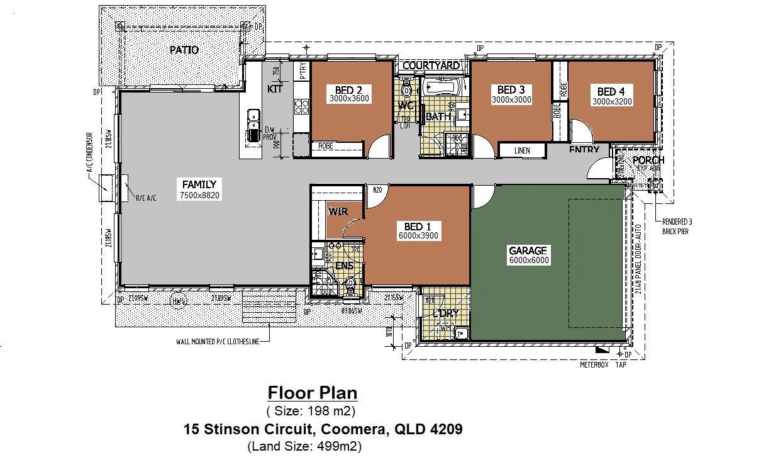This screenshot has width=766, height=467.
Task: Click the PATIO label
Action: tap(184, 50)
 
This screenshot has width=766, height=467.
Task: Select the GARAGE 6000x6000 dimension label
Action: tap(528, 260)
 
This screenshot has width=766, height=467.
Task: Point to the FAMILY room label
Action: tap(199, 185)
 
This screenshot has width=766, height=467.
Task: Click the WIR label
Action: tap(338, 211)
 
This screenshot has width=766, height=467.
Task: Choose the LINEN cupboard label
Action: tap(521, 151)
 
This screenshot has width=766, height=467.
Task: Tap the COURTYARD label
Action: tap(431, 65)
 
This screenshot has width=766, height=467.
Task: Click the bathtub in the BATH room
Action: tap(441, 87)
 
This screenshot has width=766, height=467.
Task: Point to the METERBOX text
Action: tap(594, 365)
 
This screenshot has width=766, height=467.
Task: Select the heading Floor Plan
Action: tap(313, 393)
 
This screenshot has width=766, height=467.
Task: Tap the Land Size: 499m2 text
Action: tap(304, 447)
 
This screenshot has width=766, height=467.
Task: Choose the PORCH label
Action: tap(648, 160)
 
